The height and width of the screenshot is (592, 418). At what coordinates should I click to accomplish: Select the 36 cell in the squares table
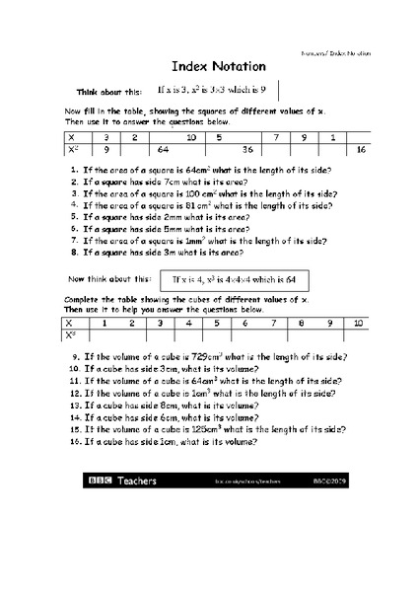pos(248,149)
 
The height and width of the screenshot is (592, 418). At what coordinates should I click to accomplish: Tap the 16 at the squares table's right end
pos(361,149)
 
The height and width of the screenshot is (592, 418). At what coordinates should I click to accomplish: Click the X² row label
pos(73,149)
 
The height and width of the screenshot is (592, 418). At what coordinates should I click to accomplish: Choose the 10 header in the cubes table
pos(358,323)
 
